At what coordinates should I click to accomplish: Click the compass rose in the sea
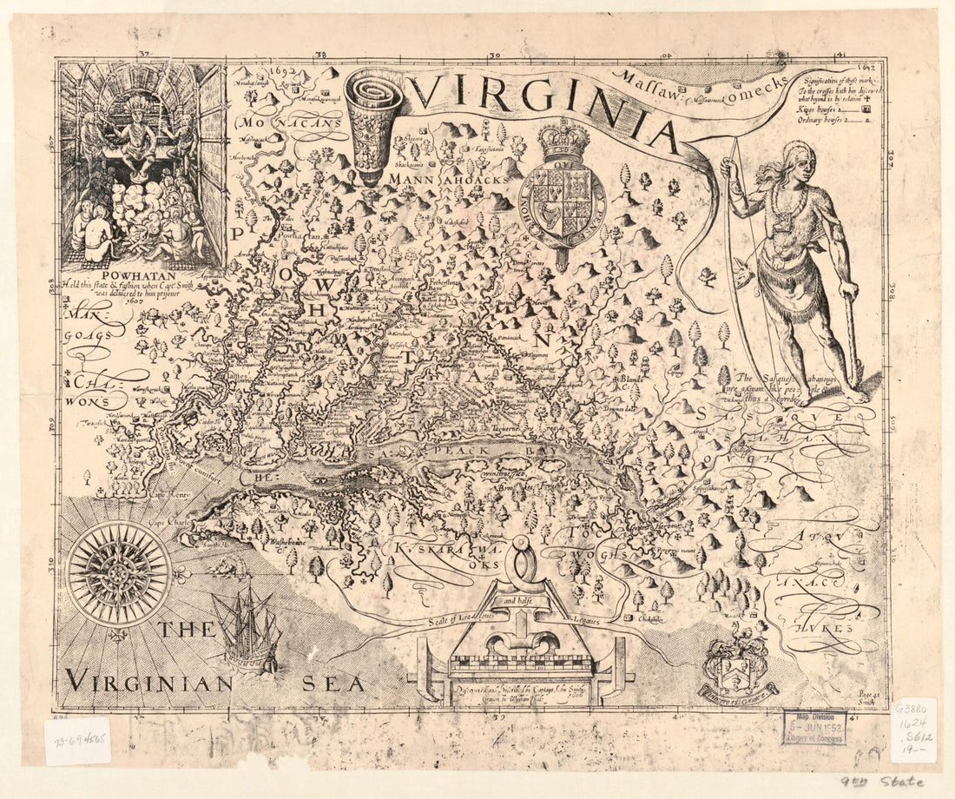pos(118,571)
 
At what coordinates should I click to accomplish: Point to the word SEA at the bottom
pos(333,683)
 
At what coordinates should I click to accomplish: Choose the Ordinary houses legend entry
pos(825,122)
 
